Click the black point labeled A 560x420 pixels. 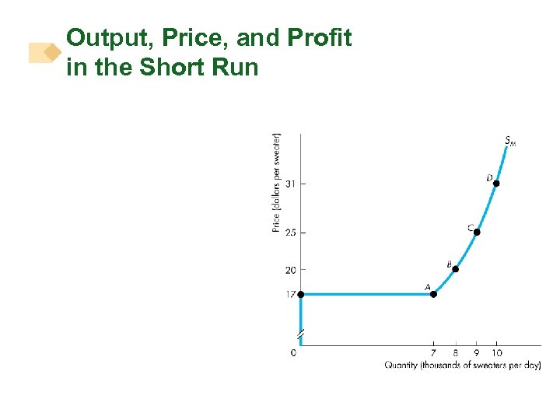pos(434,294)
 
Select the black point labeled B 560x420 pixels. pos(456,269)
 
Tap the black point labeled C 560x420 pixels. pos(477,232)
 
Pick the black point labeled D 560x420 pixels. pos(496,184)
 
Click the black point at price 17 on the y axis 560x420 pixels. pos(301,294)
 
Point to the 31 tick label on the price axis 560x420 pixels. pos(290,184)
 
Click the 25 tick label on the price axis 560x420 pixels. pos(290,233)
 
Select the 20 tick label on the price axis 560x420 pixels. pos(290,270)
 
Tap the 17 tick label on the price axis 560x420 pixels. pos(290,294)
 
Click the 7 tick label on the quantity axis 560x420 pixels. pos(434,353)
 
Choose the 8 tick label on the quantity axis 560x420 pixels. pos(455,353)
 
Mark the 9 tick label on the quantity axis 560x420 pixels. pos(476,353)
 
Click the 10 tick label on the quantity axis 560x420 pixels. pos(497,353)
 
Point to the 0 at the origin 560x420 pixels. pos(293,353)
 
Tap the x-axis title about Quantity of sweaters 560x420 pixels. pos(462,365)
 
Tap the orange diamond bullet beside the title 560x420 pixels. pos(52,52)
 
